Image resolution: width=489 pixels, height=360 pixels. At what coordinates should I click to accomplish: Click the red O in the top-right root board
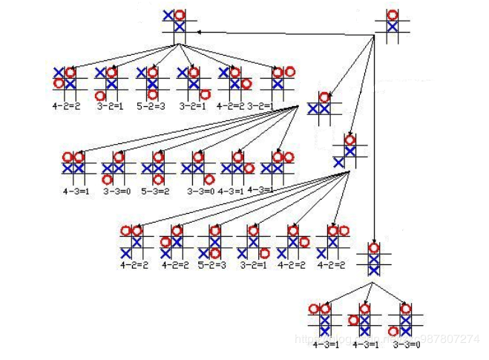[x=393, y=15]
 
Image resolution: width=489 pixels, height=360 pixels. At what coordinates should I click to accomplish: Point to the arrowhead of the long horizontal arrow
[x=199, y=31]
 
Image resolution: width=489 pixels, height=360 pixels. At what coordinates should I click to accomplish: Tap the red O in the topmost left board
[x=180, y=14]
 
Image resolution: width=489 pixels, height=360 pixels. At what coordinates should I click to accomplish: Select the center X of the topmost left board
[x=180, y=27]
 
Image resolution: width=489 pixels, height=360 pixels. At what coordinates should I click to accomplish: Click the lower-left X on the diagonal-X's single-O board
[x=338, y=162]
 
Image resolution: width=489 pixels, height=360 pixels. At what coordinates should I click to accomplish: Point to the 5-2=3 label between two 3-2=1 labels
[x=152, y=106]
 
